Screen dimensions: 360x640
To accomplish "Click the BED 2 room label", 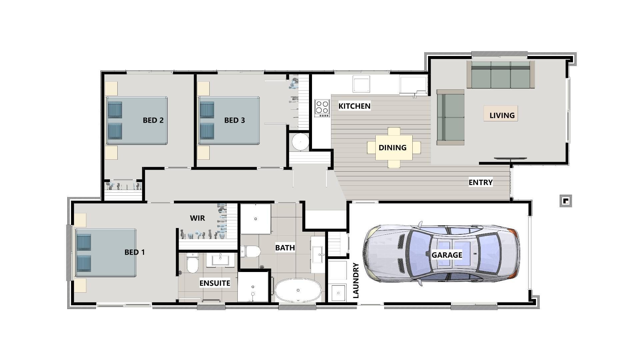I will pyautogui.click(x=153, y=120).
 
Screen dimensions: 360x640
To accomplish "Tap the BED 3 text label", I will pyautogui.click(x=234, y=120).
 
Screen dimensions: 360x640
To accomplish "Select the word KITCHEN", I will pyautogui.click(x=354, y=106).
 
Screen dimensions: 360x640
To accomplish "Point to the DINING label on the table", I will pyautogui.click(x=392, y=147).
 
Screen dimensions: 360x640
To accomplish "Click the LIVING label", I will pyautogui.click(x=502, y=115).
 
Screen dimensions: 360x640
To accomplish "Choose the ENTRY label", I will pyautogui.click(x=480, y=182).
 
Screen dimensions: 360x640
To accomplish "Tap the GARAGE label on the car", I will pyautogui.click(x=447, y=255).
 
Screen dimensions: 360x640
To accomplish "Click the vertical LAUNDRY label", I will pyautogui.click(x=356, y=280).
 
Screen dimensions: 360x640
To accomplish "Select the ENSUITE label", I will pyautogui.click(x=215, y=283).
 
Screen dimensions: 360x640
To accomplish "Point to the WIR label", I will pyautogui.click(x=197, y=218).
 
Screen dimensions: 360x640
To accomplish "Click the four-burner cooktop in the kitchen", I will pyautogui.click(x=322, y=108).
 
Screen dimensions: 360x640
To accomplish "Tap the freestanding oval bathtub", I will pyautogui.click(x=298, y=290).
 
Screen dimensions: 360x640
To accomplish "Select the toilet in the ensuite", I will pyautogui.click(x=192, y=263).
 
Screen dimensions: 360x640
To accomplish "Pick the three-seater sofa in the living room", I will pyautogui.click(x=500, y=75).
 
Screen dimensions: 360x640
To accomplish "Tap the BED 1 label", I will pyautogui.click(x=135, y=252).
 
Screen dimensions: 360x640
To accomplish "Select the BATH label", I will pyautogui.click(x=285, y=248).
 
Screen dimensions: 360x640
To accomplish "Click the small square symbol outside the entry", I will pyautogui.click(x=566, y=201).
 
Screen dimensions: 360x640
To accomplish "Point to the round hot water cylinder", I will pyautogui.click(x=301, y=142).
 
